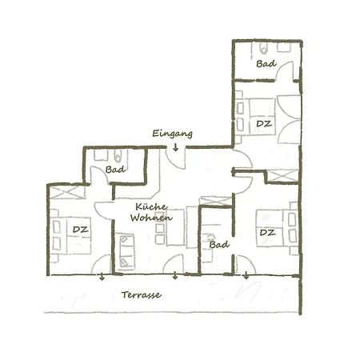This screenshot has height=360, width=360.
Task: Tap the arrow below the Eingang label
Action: click(175, 146)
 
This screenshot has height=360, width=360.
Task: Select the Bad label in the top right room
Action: click(266, 64)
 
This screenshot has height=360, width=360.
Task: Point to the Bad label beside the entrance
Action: click(114, 169)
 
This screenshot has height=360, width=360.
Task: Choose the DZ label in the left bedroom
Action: click(80, 230)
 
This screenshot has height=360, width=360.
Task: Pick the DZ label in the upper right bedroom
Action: click(263, 124)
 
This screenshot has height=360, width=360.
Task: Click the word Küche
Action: click(145, 205)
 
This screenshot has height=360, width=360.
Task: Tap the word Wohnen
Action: click(148, 217)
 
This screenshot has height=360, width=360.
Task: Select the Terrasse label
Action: click(142, 294)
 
